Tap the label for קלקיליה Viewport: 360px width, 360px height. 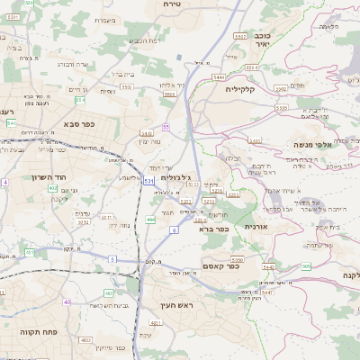265,88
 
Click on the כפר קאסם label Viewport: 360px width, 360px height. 219,265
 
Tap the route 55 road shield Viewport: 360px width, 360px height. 166,127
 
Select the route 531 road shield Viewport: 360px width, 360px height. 148,182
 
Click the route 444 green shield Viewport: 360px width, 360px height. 150,220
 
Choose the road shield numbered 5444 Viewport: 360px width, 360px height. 219,78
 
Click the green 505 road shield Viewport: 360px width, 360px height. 306,266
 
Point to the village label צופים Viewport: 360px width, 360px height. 297,85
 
